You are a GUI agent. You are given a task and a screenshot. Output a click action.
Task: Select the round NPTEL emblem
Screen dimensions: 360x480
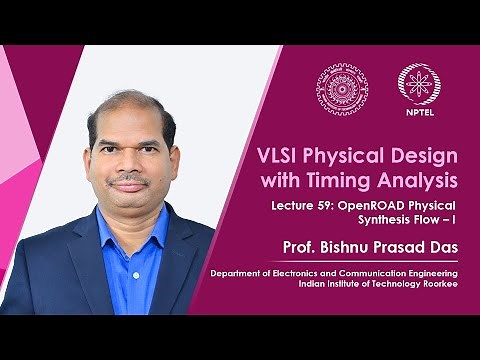click(x=418, y=83)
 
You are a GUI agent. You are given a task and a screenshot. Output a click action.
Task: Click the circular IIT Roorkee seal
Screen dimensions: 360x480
click(x=342, y=87)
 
